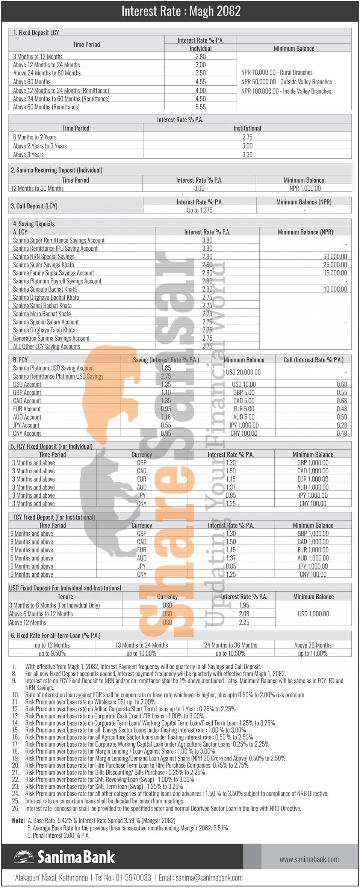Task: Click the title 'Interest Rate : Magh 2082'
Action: pos(181,11)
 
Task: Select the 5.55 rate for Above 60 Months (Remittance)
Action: pos(200,107)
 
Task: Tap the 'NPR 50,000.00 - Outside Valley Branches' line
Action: pos(286,82)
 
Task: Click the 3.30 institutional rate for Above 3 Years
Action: pos(247,155)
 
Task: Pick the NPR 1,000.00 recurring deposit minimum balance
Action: pos(305,188)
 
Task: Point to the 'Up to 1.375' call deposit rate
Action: pos(200,210)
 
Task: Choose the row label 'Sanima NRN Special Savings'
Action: pos(44,256)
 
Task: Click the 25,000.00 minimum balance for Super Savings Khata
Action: pos(335,265)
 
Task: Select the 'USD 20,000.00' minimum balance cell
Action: pos(243,372)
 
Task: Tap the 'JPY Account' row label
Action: pos(26,425)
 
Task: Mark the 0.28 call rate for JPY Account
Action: pos(342,425)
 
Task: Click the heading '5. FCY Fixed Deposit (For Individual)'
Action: pos(51,446)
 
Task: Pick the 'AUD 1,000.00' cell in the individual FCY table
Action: pos(313,487)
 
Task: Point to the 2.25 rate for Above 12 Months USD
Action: pos(244,622)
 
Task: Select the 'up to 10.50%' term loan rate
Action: pos(230,653)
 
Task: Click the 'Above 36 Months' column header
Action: pos(313,645)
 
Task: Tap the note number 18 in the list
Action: pos(15,751)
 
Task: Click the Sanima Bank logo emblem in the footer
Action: pos(24,858)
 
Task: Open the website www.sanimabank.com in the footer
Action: pos(309,859)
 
